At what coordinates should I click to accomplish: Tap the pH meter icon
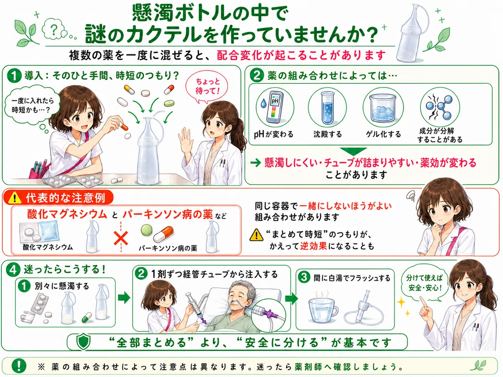pos(275,108)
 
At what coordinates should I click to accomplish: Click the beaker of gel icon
pos(383,108)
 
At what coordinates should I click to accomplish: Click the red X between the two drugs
pos(121,238)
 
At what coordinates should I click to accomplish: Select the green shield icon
pos(83,342)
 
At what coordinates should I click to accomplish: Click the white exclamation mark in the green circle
pos(19,366)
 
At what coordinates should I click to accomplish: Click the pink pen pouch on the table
pos(38,169)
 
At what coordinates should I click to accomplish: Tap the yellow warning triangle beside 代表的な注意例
pos(15,198)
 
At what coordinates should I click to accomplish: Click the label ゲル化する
pos(384,134)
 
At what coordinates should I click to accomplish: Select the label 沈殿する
pos(327,134)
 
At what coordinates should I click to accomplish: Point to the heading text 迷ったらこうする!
pos(65,269)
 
